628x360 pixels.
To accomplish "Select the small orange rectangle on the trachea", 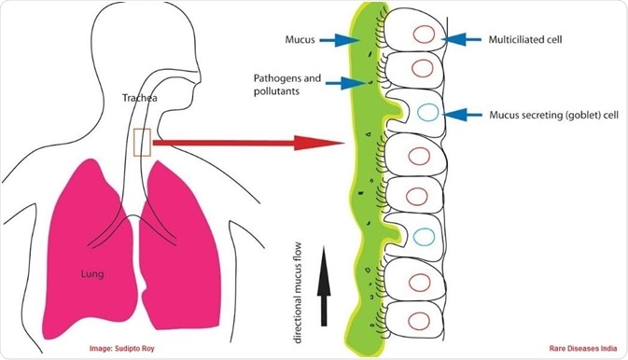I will (142, 142).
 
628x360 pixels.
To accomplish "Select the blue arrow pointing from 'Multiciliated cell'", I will (460, 39).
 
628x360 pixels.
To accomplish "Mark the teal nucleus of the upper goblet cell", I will (426, 113).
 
